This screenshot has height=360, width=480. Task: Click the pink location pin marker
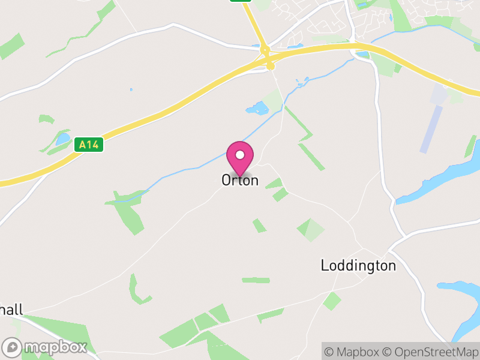click(240, 158)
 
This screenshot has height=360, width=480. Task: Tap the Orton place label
click(240, 180)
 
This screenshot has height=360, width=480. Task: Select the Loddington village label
click(358, 266)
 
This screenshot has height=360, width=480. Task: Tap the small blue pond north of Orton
click(258, 109)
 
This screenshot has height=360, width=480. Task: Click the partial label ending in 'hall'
click(11, 310)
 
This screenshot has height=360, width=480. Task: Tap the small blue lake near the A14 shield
click(62, 139)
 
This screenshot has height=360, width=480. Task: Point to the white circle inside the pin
click(240, 154)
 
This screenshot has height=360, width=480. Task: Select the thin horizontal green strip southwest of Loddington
click(256, 280)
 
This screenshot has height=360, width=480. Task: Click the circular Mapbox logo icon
click(13, 347)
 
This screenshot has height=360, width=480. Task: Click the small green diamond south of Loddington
click(332, 301)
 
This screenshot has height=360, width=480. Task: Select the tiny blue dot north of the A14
click(131, 90)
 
